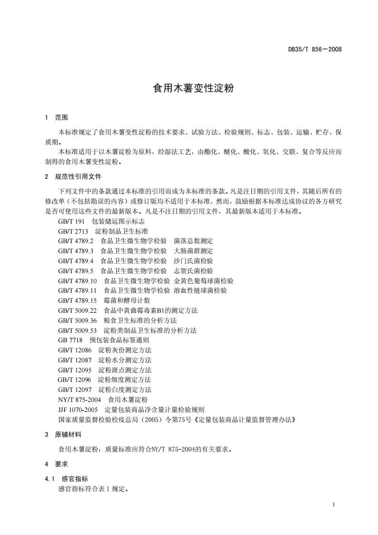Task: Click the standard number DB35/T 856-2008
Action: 315,49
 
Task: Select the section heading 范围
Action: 61,117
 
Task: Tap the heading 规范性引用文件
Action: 78,176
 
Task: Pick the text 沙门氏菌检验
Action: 193,261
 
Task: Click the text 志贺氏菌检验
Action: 193,271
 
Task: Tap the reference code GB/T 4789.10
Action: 78,281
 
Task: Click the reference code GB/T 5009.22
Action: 78,310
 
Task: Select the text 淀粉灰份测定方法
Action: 125,350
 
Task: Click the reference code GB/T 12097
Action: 75,390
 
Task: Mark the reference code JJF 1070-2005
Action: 78,410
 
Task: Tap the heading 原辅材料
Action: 68,434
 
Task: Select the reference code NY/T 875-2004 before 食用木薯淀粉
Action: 80,400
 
